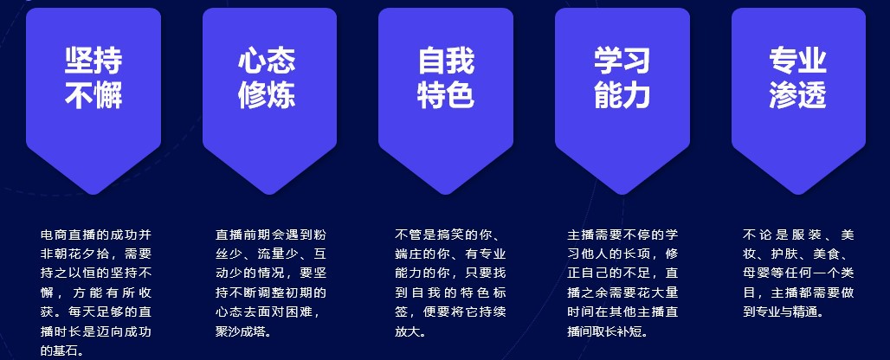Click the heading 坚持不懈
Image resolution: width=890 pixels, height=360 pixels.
pos(94,78)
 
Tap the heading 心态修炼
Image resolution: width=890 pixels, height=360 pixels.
pos(267,78)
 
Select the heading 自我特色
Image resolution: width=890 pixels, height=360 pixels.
pos(446,78)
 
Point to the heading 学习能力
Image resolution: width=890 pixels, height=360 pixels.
pos(622,78)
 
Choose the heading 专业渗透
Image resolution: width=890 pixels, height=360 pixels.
pos(798,78)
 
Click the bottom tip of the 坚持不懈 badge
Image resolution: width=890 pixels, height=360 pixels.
pos(94,195)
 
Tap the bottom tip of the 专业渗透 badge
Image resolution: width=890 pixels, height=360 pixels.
pos(798,195)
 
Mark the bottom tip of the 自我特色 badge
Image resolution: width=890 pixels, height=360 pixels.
pos(446,195)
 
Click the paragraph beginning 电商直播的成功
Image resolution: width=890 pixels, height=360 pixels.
pos(96,292)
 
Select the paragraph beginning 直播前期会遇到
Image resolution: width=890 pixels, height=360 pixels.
pos(271,283)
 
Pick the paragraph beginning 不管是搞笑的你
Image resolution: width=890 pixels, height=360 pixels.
pos(450,283)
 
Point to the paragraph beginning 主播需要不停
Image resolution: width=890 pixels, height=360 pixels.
pos(622,283)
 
